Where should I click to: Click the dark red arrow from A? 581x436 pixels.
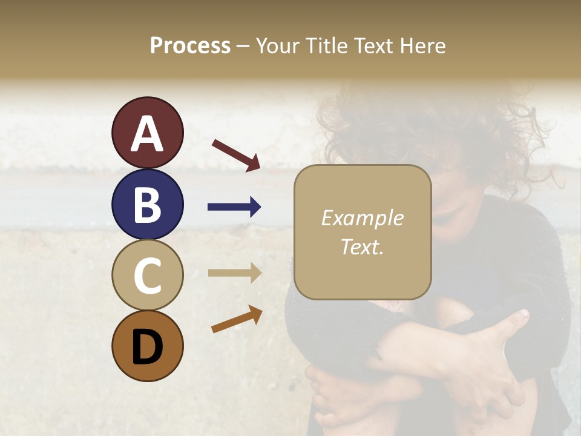click(236, 154)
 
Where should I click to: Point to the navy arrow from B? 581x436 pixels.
click(234, 207)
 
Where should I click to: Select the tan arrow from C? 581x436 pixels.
click(234, 273)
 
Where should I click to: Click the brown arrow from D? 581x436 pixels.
click(237, 319)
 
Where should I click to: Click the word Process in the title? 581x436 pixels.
click(190, 46)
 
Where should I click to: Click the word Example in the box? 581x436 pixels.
click(362, 219)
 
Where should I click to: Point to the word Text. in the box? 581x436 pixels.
click(362, 246)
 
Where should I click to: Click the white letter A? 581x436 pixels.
click(147, 134)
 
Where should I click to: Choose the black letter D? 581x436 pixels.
click(147, 347)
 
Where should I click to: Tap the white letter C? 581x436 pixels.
click(147, 276)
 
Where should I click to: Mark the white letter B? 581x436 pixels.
click(147, 205)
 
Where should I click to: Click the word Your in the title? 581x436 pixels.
click(278, 46)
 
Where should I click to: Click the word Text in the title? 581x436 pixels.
click(372, 46)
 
